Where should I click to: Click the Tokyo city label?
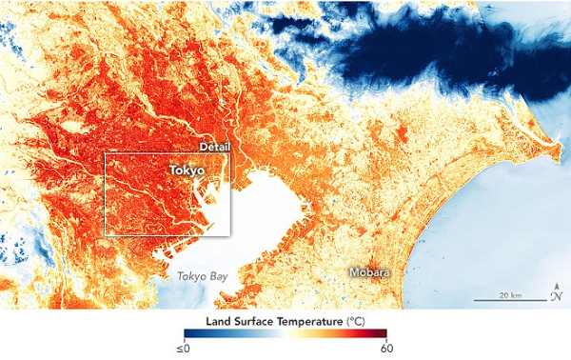point(187,170)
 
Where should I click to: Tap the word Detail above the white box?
point(215,146)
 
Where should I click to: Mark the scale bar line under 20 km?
point(510,300)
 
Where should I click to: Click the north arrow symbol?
point(556,292)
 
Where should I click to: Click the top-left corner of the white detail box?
point(104,152)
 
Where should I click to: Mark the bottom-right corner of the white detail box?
point(230,234)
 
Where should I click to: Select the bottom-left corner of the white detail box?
point(104,234)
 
